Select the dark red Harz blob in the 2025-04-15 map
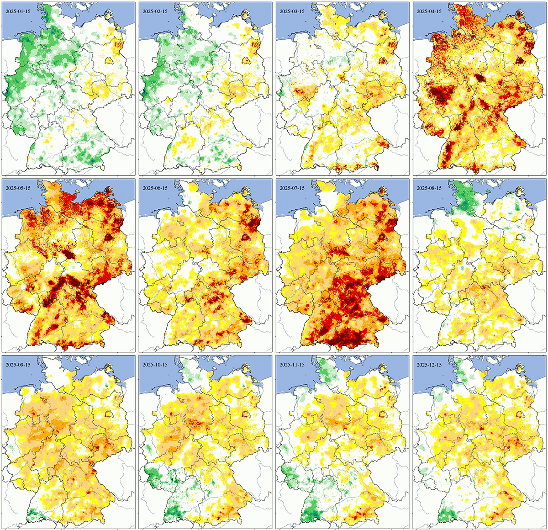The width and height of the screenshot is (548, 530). point(480,78)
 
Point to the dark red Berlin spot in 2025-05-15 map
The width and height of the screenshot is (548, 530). point(109,237)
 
